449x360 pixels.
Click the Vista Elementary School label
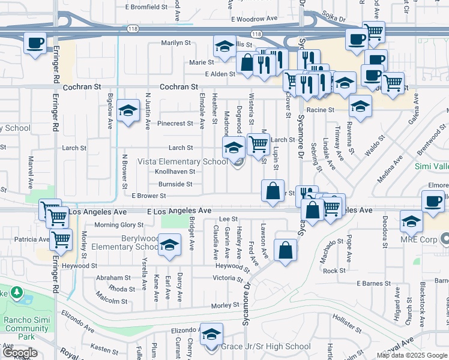tap(182, 161)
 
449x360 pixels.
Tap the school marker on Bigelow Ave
tap(128, 110)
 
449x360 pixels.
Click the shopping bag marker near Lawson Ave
tap(286, 250)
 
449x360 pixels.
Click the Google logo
tap(19, 352)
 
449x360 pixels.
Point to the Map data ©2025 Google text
tap(412, 355)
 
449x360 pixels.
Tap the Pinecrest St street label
tap(175, 124)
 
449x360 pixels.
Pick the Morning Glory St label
tap(119, 225)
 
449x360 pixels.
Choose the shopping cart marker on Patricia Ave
tap(61, 239)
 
